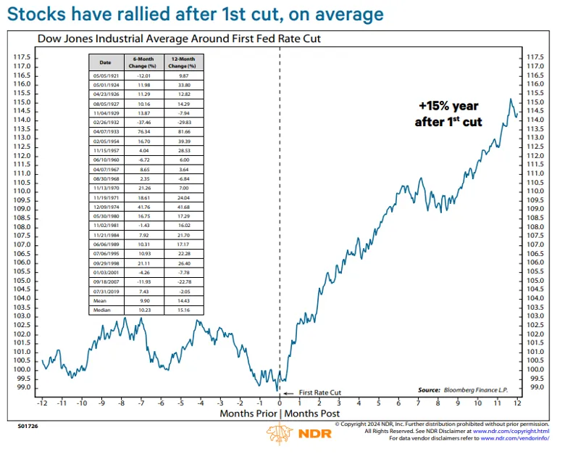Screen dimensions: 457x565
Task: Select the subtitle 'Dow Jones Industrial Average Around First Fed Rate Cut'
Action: tap(178, 38)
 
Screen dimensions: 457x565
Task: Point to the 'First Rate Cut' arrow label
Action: tap(315, 392)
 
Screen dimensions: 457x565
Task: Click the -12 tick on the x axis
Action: tap(43, 402)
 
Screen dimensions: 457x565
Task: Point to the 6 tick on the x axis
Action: tap(399, 402)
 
